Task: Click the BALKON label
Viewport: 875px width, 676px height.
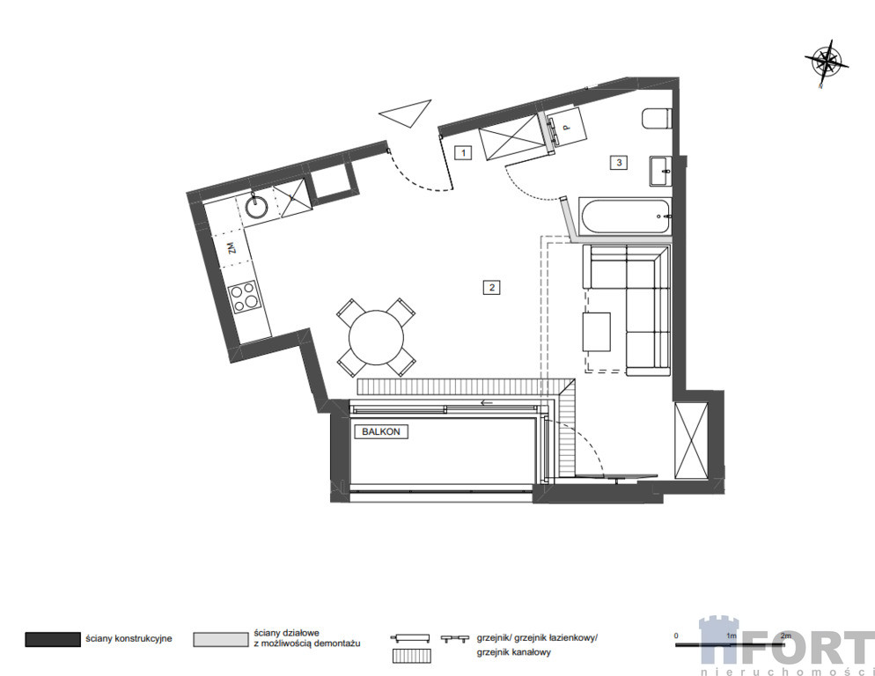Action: tap(381, 431)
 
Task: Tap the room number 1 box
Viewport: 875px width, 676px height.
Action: tap(463, 152)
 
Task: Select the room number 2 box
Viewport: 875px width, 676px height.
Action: tap(491, 288)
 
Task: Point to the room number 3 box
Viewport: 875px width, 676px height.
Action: tap(619, 163)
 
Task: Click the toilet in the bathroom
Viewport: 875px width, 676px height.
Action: tap(656, 118)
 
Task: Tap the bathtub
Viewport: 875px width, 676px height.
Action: tap(624, 216)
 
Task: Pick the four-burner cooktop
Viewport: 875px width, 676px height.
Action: tap(245, 296)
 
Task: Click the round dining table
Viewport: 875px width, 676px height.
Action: tap(376, 337)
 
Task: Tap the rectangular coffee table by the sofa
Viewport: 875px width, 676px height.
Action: tap(597, 332)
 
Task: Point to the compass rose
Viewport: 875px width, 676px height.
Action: tap(827, 62)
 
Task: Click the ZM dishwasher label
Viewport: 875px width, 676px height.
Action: tap(232, 247)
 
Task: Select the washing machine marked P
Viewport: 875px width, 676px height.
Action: tap(566, 128)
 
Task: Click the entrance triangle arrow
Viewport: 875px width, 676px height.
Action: tap(406, 114)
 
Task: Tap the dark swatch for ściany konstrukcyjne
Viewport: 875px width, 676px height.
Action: tap(53, 639)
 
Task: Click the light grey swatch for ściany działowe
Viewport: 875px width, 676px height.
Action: tap(221, 639)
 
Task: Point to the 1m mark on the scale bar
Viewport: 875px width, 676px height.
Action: tap(731, 636)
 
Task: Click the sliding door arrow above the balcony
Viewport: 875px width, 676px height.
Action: tap(487, 402)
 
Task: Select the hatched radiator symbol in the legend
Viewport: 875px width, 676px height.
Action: tap(411, 656)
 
